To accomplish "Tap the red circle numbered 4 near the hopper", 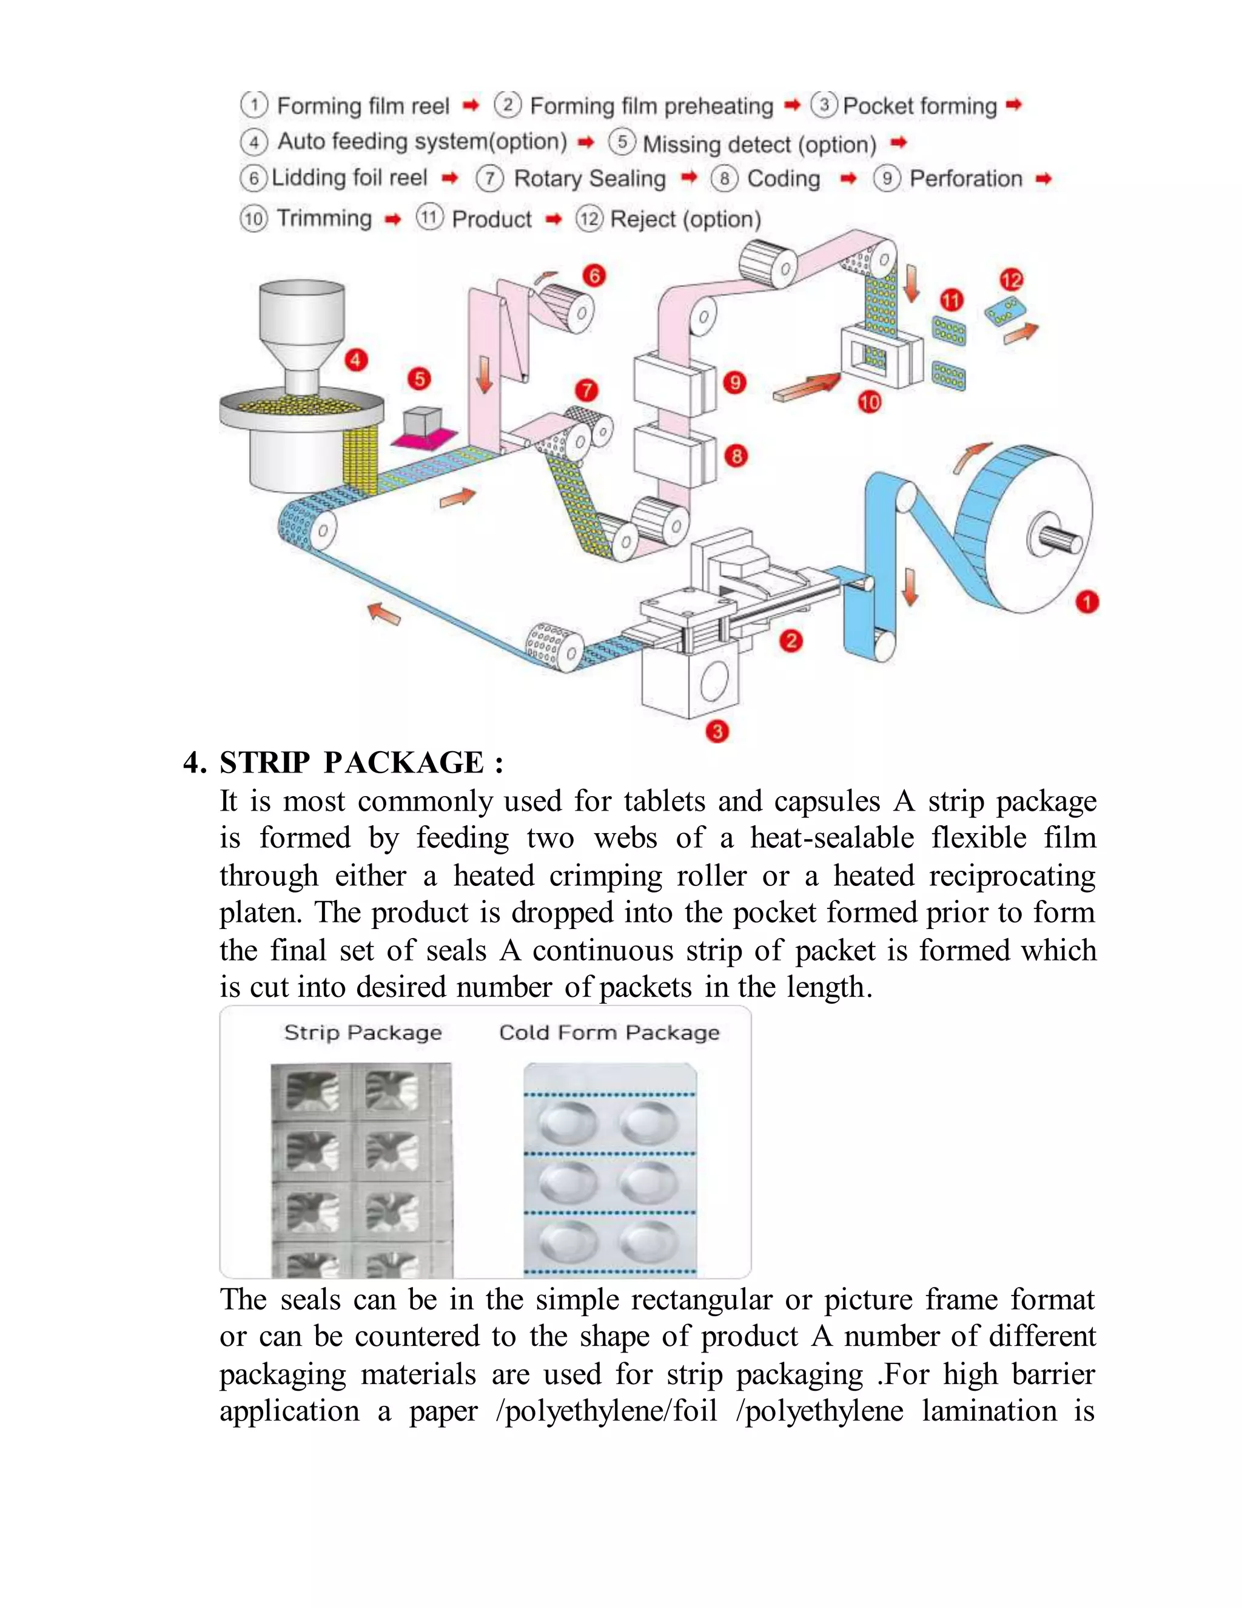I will click(356, 360).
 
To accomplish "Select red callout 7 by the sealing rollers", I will click(586, 390).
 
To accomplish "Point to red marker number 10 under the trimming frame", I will click(869, 402).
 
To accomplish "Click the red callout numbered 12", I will click(1011, 280).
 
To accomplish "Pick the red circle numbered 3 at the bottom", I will click(717, 731).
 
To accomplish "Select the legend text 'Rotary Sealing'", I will click(589, 179).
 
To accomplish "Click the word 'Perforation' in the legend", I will click(965, 179).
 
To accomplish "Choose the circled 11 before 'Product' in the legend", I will click(429, 217).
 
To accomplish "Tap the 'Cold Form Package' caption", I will click(609, 1033).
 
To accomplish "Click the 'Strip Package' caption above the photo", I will click(363, 1033).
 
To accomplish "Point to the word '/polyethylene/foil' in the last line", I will click(607, 1411).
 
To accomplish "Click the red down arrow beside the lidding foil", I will click(484, 374).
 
